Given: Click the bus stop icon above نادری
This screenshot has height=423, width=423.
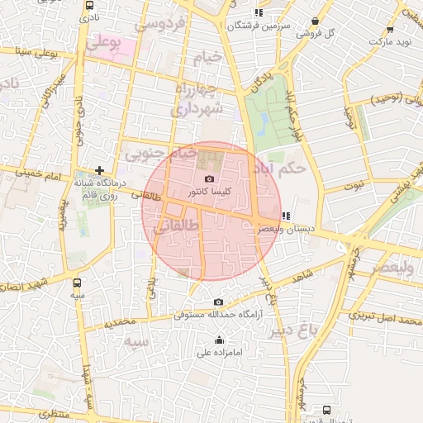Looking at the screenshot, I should pyautogui.click(x=88, y=6).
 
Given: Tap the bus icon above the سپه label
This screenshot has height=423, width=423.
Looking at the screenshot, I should pyautogui.click(x=77, y=282).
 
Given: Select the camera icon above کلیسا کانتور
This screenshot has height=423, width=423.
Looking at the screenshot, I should pyautogui.click(x=209, y=179).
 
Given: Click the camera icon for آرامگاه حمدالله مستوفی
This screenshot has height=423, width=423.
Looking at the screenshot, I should pyautogui.click(x=218, y=302).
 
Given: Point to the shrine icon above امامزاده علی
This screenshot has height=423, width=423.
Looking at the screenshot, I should pyautogui.click(x=219, y=340).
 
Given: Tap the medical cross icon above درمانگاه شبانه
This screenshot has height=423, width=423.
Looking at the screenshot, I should pyautogui.click(x=99, y=170).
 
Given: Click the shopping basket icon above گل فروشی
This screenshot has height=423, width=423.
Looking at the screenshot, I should pyautogui.click(x=315, y=21).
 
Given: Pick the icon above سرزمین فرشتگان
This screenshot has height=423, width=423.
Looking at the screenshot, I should pyautogui.click(x=259, y=12).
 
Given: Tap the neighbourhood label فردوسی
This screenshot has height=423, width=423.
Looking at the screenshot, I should pyautogui.click(x=159, y=25).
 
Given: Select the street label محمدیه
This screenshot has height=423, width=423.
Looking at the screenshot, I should pyautogui.click(x=120, y=321).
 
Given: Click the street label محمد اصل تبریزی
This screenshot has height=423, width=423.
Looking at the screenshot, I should pyautogui.click(x=385, y=316).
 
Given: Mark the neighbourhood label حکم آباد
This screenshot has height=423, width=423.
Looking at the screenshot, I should pyautogui.click(x=280, y=166).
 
